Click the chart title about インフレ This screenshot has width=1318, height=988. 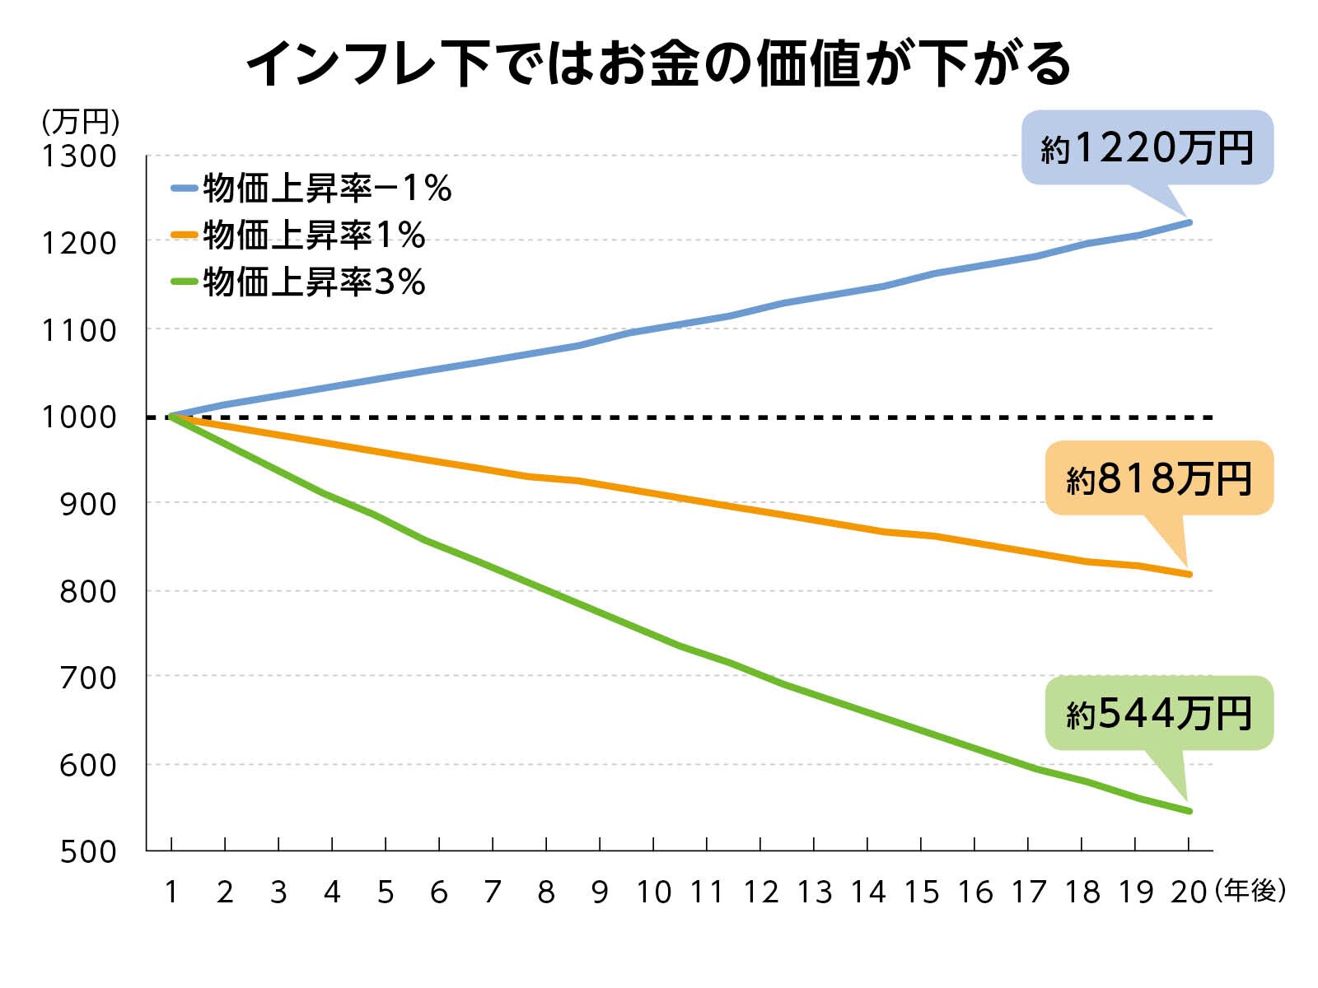click(x=659, y=64)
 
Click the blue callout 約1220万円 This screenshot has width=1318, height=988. click(x=1147, y=148)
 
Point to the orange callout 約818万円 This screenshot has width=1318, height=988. click(x=1159, y=478)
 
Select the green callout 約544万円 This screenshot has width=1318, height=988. click(x=1159, y=713)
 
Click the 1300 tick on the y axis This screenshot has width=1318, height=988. click(x=79, y=156)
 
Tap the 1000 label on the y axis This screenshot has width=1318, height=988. click(x=79, y=417)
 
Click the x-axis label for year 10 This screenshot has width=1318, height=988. click(x=653, y=892)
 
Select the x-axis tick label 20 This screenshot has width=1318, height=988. click(x=1188, y=892)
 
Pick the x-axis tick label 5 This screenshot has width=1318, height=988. click(x=386, y=892)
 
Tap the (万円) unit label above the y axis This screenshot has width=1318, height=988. click(x=81, y=123)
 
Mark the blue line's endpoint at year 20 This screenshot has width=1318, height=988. click(x=1189, y=222)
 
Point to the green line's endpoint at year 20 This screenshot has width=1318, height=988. click(x=1189, y=811)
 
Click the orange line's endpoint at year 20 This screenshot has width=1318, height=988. click(x=1189, y=574)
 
